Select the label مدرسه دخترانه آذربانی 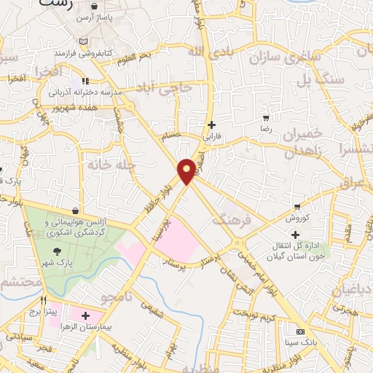(x=78, y=93)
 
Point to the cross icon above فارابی (x=212, y=125)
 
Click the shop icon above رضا (x=266, y=117)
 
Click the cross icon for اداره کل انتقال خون (x=295, y=235)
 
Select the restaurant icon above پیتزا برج (x=44, y=300)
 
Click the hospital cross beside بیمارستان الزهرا (x=86, y=316)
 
